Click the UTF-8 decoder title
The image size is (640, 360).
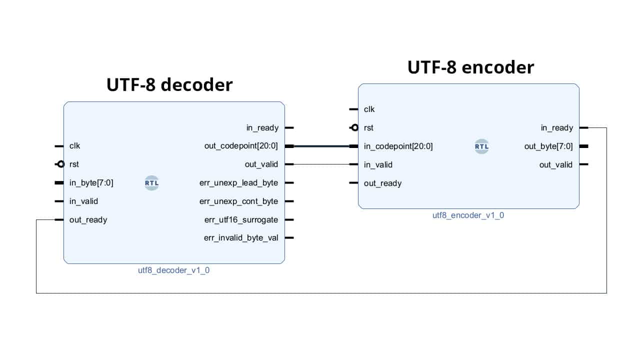pyautogui.click(x=169, y=85)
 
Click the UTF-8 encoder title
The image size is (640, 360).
pyautogui.click(x=470, y=67)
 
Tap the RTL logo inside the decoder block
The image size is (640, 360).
pyautogui.click(x=152, y=183)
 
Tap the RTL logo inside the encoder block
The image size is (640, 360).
pyautogui.click(x=481, y=146)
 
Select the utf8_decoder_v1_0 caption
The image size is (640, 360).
pyautogui.click(x=174, y=270)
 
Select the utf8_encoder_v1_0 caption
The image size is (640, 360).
pyautogui.click(x=468, y=215)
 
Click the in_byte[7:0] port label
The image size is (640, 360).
pyautogui.click(x=91, y=183)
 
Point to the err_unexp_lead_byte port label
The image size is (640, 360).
pyautogui.click(x=238, y=183)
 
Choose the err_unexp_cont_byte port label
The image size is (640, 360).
pyautogui.click(x=238, y=201)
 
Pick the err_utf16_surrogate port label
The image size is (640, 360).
pyautogui.click(x=241, y=219)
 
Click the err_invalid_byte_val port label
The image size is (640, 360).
pyautogui.click(x=241, y=238)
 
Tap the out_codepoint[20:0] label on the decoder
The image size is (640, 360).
pyautogui.click(x=241, y=146)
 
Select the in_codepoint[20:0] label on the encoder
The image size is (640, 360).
pyautogui.click(x=398, y=146)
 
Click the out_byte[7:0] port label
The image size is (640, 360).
pyautogui.click(x=548, y=146)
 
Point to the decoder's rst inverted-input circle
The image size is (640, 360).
pyautogui.click(x=60, y=164)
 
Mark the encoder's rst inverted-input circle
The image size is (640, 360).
pyautogui.click(x=355, y=127)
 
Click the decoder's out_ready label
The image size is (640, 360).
pyautogui.click(x=88, y=219)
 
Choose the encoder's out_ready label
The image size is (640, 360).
pyautogui.click(x=382, y=183)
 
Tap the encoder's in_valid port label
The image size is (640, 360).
pyautogui.click(x=378, y=164)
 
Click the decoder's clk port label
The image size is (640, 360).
pyautogui.click(x=74, y=146)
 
